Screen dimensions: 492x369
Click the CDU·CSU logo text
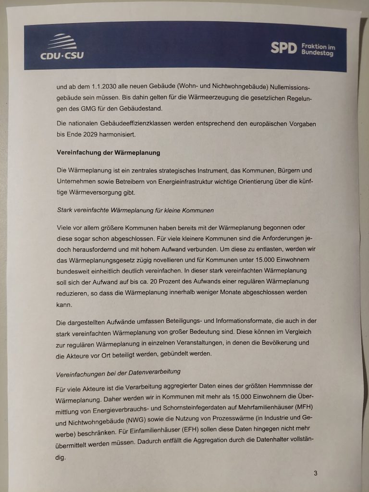pos(62,55)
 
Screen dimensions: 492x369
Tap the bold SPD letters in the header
pos(283,48)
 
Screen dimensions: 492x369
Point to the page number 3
pos(315,473)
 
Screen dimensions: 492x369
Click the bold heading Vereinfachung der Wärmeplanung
pos(108,152)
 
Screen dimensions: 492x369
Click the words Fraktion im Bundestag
pos(318,49)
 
